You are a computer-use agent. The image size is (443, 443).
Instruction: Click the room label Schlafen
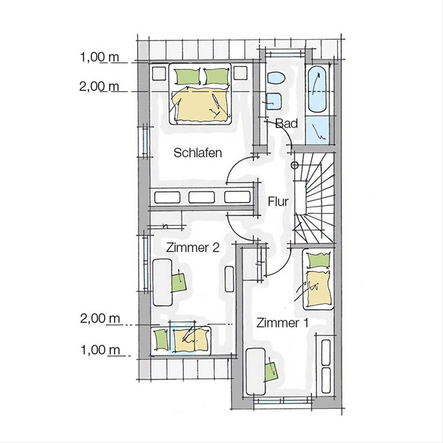coord(198,153)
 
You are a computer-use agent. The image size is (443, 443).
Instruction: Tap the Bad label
coord(286,123)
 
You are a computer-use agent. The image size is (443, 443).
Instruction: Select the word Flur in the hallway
coord(278,202)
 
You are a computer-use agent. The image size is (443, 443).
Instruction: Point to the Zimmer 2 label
coord(193,248)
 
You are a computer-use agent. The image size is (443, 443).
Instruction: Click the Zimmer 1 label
coord(282,323)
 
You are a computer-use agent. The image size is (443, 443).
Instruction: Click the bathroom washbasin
coord(274,101)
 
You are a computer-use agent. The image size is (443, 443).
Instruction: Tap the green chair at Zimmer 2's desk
coord(179,282)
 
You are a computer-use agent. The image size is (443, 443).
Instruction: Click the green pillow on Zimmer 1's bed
coord(318,260)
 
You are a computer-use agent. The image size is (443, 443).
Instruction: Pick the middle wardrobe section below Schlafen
coord(202,197)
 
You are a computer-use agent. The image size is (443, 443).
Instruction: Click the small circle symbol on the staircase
coord(295,165)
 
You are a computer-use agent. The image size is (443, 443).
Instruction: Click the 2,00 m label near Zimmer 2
coord(100,319)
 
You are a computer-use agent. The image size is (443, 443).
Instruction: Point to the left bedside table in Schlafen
coord(159,73)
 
